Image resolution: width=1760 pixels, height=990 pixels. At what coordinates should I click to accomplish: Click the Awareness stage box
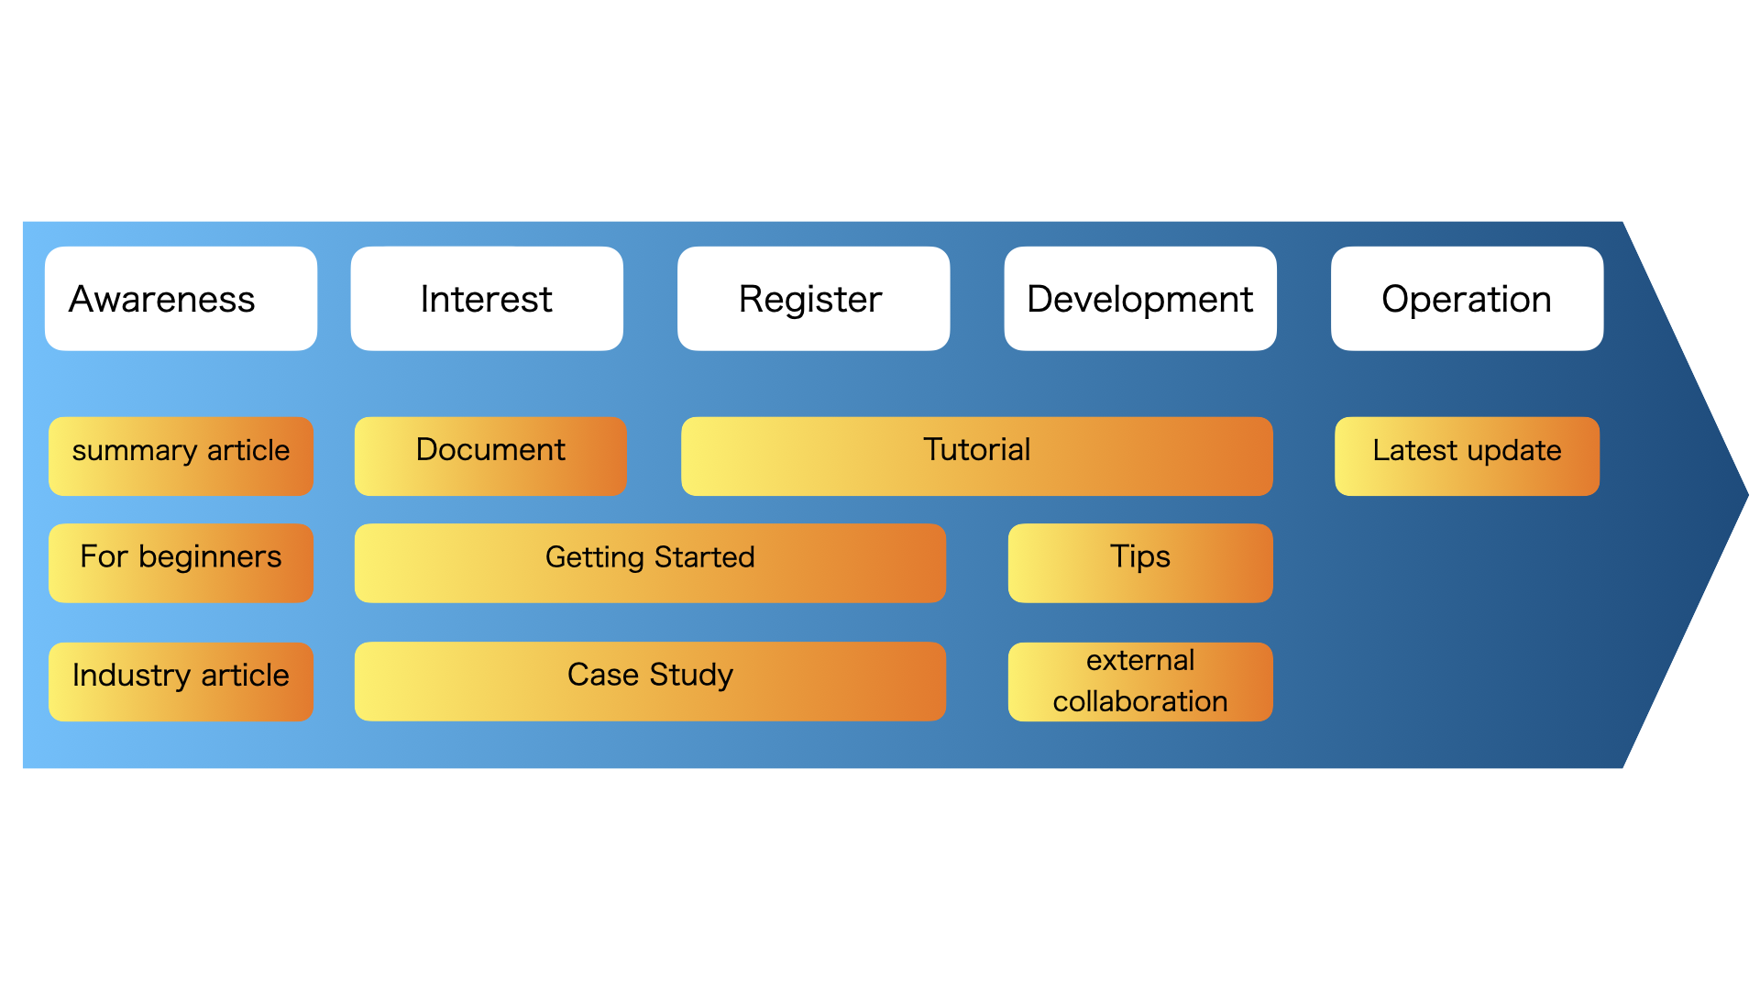181,299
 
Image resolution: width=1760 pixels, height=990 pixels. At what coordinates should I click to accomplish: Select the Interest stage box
487,299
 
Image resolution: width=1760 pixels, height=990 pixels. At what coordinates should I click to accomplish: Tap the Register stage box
813,299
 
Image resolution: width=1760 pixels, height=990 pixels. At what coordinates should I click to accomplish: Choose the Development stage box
1139,299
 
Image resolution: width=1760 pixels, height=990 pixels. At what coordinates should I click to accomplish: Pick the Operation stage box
1467,299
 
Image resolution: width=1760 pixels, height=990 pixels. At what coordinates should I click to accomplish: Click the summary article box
181,456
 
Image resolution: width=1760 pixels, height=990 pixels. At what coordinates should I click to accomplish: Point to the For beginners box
181,562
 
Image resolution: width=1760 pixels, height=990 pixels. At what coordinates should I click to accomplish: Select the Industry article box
181,681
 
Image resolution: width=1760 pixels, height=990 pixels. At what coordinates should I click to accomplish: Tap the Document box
490,456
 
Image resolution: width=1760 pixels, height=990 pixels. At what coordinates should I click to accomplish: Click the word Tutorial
976,450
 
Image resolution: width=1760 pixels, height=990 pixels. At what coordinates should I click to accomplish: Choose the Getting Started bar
650,562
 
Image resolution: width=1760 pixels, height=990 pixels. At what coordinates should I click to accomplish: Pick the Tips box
1139,562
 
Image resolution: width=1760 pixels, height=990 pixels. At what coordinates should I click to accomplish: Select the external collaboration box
1139,681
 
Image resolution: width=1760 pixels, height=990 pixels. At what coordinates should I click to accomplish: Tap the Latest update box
1467,456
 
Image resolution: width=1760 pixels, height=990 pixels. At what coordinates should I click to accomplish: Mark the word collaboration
1139,702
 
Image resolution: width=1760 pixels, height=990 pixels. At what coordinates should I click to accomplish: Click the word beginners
210,557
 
